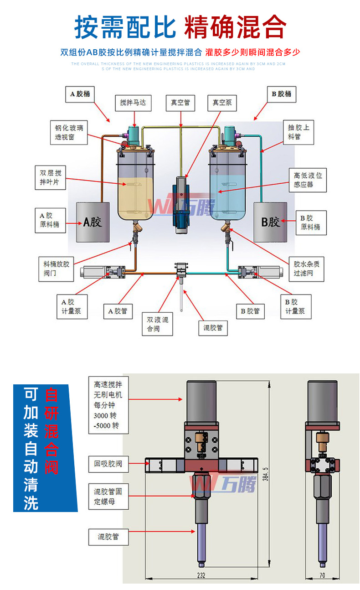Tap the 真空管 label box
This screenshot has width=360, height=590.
click(x=180, y=103)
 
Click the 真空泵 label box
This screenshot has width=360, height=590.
click(x=222, y=103)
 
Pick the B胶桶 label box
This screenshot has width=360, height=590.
click(x=281, y=94)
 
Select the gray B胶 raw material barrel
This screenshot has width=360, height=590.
click(x=270, y=222)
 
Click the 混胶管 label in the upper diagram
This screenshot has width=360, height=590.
click(x=213, y=328)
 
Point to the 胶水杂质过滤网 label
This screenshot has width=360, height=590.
click(x=303, y=269)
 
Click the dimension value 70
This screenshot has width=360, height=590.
click(x=322, y=575)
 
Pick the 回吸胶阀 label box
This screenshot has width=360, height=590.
click(x=108, y=464)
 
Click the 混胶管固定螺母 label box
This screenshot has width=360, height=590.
click(x=108, y=497)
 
